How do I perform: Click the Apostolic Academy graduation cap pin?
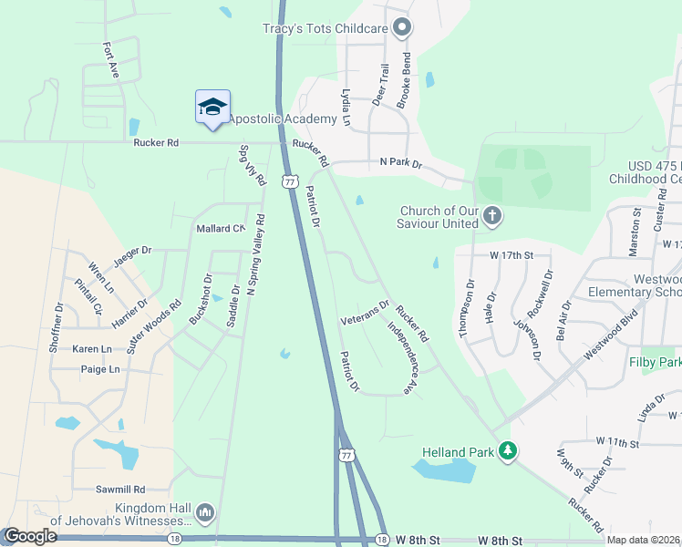212,107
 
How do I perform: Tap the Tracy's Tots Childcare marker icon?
402,28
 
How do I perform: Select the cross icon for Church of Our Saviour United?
492,216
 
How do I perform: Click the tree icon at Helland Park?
508,451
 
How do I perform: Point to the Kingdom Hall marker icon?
205,514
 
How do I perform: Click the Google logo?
30,536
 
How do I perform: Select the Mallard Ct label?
221,228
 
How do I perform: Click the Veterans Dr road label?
364,314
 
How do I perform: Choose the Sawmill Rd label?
121,490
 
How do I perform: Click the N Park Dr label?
401,163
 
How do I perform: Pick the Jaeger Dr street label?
132,257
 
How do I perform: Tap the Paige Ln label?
100,369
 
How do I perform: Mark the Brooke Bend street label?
405,80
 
